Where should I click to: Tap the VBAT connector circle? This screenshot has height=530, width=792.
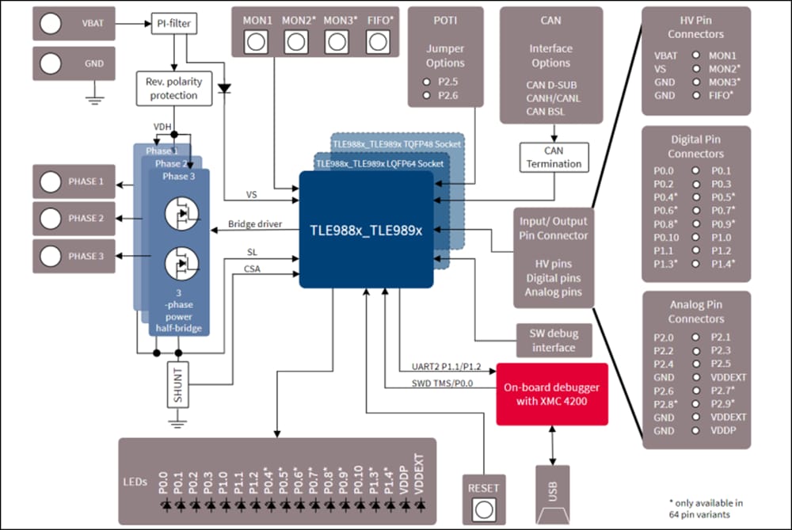click(51, 24)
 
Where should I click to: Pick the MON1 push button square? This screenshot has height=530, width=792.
click(256, 42)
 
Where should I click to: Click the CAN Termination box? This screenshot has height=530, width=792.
click(554, 157)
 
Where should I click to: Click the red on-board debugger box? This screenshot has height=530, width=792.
click(551, 394)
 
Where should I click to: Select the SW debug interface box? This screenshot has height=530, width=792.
click(554, 340)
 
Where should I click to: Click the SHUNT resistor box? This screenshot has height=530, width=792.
click(178, 385)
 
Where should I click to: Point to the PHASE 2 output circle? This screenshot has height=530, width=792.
click(51, 218)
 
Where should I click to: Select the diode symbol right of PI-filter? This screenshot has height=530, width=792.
click(226, 88)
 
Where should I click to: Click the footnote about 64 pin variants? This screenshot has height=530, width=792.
click(706, 508)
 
